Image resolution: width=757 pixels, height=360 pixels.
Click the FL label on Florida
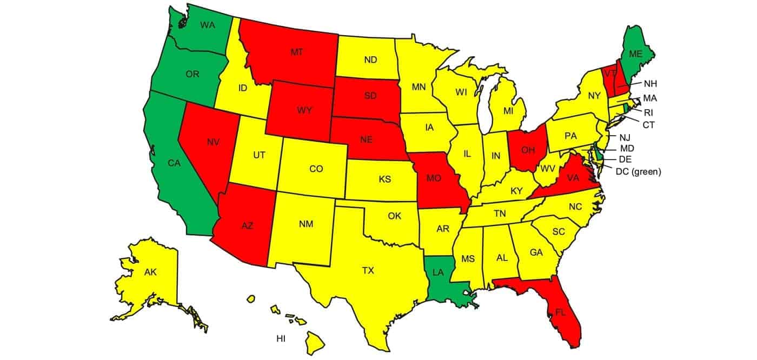[x=561, y=312]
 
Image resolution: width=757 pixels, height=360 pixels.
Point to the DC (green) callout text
[x=639, y=171]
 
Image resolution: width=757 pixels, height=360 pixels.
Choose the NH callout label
[x=650, y=84]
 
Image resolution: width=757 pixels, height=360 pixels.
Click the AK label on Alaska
[x=150, y=272]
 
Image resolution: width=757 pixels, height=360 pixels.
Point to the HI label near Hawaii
[x=281, y=339]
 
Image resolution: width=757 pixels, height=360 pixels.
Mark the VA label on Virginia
[x=574, y=176]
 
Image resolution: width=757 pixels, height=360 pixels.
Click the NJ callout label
[x=626, y=137]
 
